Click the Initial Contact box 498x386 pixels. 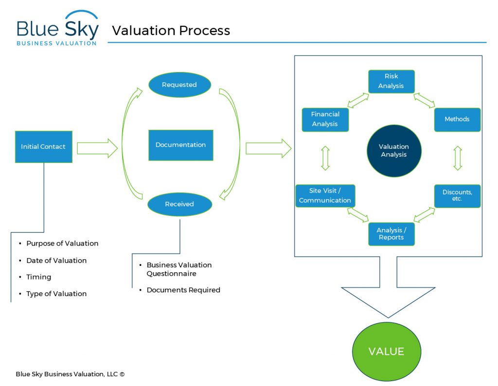[43, 146]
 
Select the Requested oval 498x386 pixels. [179, 85]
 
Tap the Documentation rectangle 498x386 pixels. [180, 145]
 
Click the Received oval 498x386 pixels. [179, 204]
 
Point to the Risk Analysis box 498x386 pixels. [391, 81]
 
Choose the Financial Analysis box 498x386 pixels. [325, 120]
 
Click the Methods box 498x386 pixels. [457, 120]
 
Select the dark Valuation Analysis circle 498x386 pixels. [393, 150]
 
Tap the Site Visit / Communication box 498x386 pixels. [325, 195]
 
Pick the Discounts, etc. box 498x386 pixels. [457, 195]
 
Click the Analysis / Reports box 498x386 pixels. [391, 233]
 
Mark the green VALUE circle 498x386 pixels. [386, 351]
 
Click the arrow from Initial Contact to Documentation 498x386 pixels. [97, 148]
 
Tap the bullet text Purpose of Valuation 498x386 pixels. [62, 244]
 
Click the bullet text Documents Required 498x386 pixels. [183, 290]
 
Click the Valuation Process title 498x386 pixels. [171, 31]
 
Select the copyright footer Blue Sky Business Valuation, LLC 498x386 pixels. [70, 374]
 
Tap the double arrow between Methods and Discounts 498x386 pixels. [457, 158]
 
